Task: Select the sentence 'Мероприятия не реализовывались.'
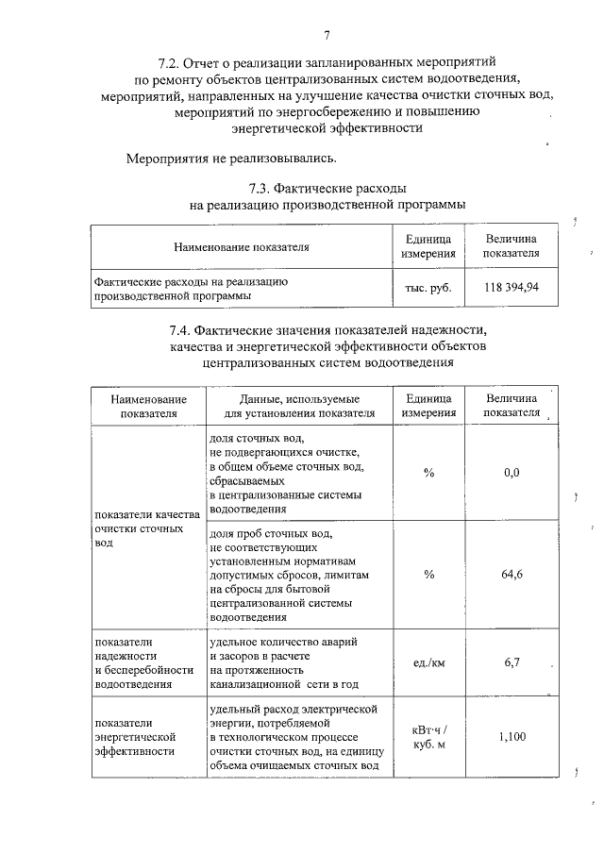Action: (231, 158)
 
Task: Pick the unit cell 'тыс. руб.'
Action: (428, 288)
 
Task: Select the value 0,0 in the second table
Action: (512, 472)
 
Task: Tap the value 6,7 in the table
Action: (512, 662)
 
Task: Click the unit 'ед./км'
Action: (428, 662)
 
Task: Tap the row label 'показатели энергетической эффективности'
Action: (131, 738)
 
